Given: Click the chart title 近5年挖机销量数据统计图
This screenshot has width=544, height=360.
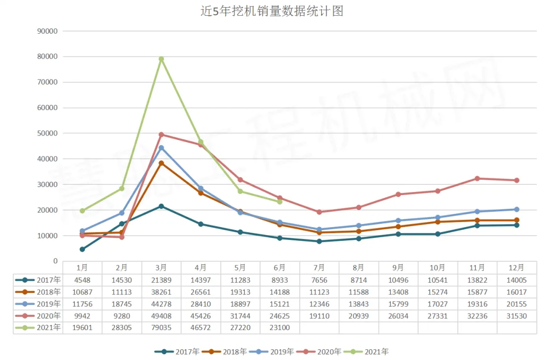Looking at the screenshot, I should click(272, 11).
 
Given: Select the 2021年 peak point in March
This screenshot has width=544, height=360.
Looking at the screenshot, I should click(161, 59).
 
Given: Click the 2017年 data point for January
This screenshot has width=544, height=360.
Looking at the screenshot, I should click(82, 250).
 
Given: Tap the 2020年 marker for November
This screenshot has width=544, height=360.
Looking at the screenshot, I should click(477, 179).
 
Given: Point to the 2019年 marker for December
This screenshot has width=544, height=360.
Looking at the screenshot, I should click(517, 209).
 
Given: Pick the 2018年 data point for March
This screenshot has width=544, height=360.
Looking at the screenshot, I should click(161, 163).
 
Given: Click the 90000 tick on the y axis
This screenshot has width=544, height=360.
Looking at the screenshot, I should click(47, 31).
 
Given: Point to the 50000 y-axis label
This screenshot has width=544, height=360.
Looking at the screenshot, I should click(47, 133).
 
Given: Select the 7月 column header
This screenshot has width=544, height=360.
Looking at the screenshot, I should click(319, 267).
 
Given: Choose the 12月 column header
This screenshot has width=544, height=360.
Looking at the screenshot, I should click(517, 267).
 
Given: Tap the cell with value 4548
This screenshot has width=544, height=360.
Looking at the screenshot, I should click(82, 280).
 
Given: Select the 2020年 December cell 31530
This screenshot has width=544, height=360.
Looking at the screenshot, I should click(517, 316).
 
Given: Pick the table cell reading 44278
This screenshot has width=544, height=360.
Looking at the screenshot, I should click(161, 304).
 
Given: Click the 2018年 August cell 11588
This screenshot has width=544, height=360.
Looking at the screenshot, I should click(359, 292).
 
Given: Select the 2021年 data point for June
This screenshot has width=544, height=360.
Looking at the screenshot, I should click(280, 202).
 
